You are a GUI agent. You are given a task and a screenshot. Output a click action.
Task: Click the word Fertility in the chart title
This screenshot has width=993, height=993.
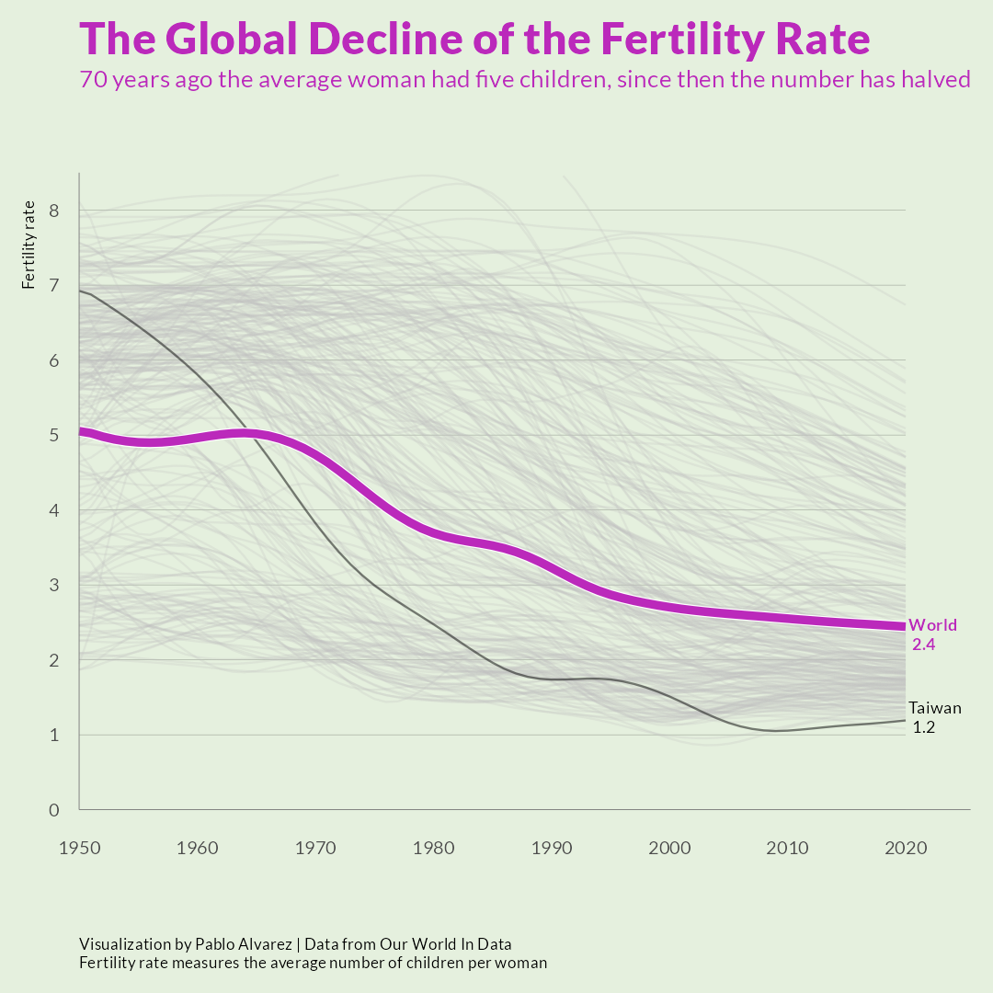676,40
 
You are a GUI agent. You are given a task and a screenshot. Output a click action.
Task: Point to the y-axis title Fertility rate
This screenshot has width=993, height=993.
29,244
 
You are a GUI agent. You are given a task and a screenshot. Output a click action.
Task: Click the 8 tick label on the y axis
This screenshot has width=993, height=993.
54,211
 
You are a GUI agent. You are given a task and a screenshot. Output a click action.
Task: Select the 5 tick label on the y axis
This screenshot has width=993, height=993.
54,435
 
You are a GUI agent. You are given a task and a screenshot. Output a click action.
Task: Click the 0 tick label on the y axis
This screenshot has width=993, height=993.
54,810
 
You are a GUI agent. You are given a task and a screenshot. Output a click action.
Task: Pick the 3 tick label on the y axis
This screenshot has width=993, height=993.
54,585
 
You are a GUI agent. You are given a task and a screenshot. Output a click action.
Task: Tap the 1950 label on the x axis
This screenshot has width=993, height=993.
79,848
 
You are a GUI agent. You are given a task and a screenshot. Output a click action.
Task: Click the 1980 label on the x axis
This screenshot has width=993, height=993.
433,848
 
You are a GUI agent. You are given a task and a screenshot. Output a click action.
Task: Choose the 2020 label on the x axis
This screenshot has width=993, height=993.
906,848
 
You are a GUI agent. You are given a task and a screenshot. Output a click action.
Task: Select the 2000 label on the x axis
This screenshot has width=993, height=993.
669,848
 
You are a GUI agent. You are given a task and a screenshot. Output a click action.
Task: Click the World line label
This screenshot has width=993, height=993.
932,626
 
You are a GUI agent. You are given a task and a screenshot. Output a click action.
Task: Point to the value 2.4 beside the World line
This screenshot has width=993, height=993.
923,645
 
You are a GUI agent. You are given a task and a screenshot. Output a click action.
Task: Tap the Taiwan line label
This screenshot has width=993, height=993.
935,708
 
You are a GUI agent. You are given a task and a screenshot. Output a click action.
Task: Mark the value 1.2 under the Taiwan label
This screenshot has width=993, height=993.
924,727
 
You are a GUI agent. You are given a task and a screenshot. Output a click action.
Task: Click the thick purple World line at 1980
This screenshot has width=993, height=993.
433,534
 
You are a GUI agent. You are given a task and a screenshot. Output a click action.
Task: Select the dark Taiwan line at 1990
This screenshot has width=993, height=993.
552,679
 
